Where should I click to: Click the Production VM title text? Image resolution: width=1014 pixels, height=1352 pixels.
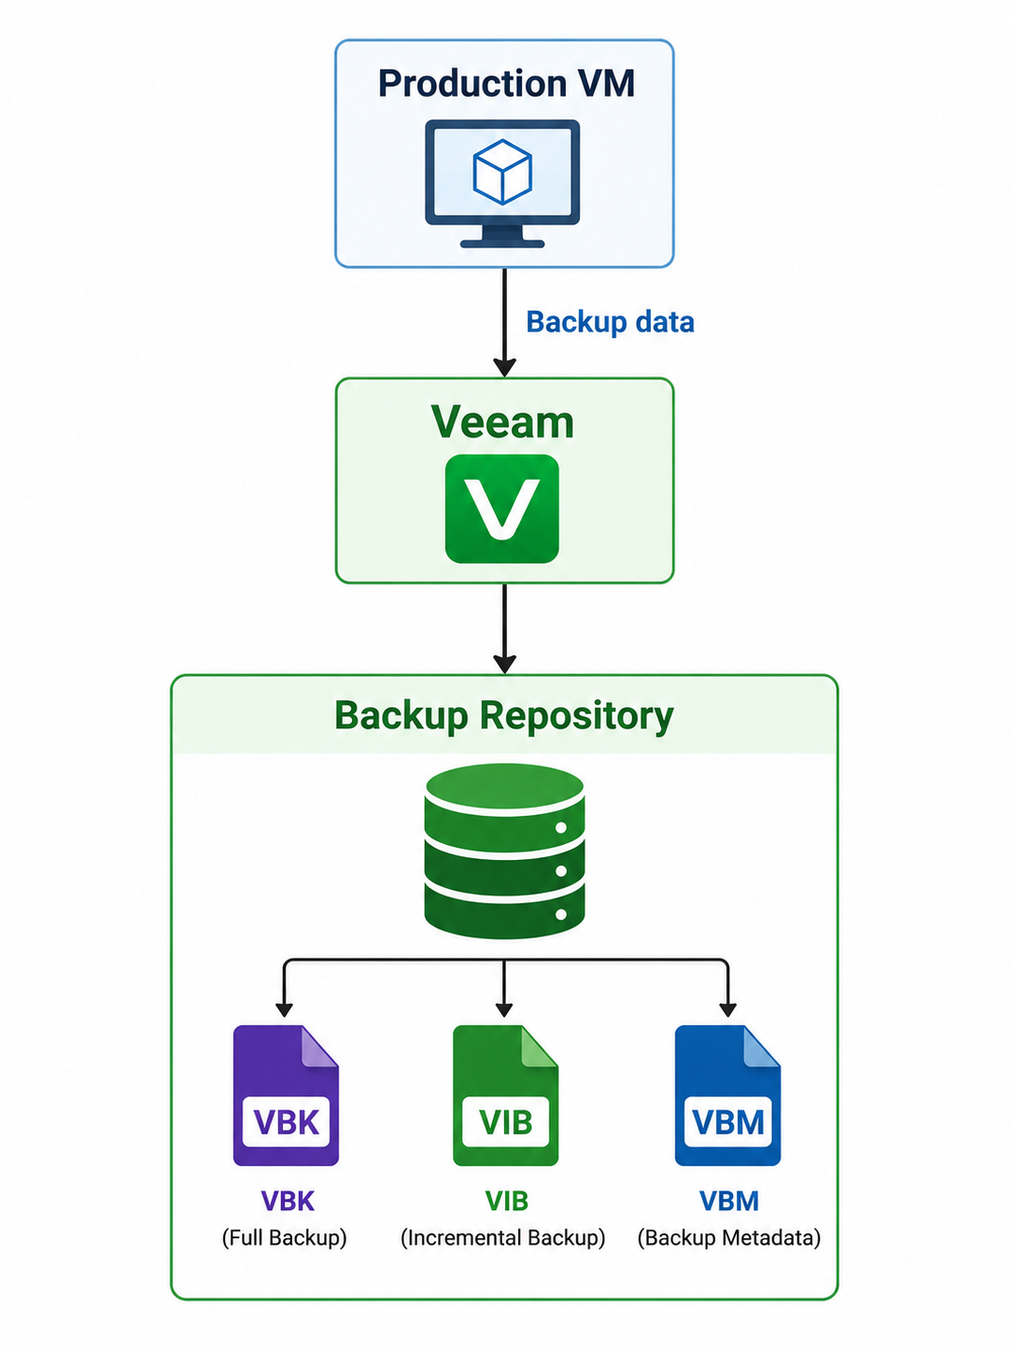(506, 84)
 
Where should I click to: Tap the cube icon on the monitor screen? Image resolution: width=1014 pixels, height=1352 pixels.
(502, 172)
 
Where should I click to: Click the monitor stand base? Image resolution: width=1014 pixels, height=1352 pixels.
(502, 244)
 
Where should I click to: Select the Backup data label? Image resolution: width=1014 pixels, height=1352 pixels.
(610, 321)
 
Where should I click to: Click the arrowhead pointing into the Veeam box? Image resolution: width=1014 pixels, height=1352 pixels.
(504, 367)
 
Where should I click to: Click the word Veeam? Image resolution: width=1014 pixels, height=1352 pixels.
(502, 423)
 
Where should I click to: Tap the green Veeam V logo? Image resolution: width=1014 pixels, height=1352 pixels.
(502, 509)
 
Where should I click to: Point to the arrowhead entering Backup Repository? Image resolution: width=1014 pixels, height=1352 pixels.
(504, 664)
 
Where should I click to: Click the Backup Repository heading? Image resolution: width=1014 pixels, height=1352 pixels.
(503, 716)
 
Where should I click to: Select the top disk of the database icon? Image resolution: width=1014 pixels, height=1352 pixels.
(504, 791)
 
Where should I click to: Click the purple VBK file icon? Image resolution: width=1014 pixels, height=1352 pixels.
(286, 1096)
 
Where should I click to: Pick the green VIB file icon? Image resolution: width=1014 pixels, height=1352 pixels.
(505, 1096)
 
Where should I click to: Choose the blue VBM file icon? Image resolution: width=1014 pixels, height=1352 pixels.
(727, 1096)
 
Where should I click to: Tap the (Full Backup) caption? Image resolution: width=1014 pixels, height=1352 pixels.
(285, 1237)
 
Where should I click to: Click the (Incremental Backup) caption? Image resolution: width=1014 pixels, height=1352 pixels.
(503, 1237)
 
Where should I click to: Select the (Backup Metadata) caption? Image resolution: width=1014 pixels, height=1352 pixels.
(729, 1237)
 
